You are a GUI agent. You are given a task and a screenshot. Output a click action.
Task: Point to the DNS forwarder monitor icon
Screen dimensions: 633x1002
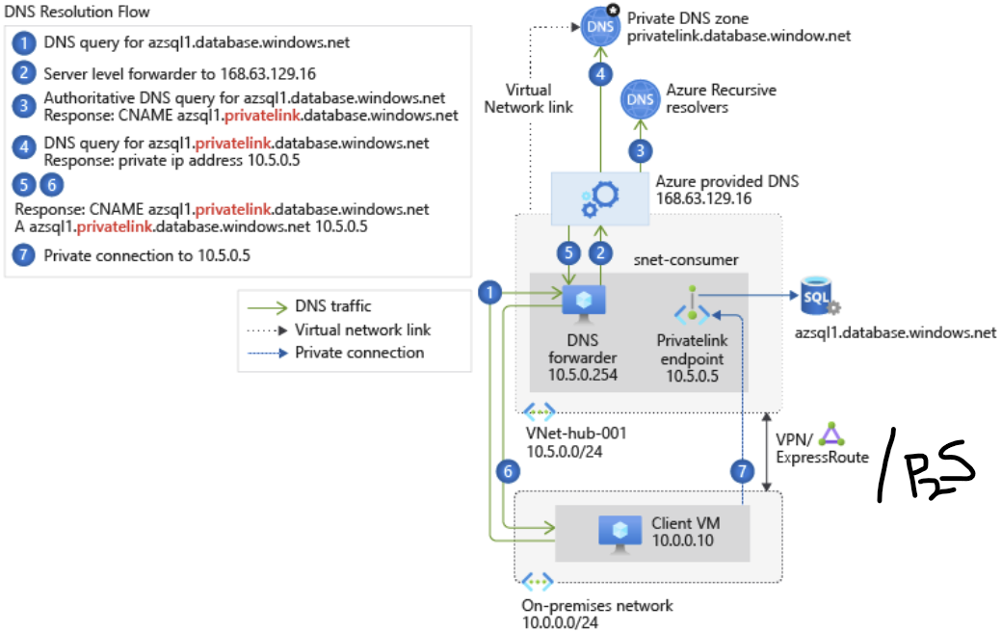point(583,302)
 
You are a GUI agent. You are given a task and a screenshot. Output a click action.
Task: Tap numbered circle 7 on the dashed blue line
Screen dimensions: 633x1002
point(741,471)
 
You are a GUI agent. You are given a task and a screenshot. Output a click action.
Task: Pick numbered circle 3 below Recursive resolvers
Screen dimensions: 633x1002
point(640,149)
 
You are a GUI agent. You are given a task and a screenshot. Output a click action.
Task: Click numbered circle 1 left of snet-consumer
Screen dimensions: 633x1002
point(491,292)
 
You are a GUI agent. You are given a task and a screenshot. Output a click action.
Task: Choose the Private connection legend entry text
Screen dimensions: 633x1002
point(359,353)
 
